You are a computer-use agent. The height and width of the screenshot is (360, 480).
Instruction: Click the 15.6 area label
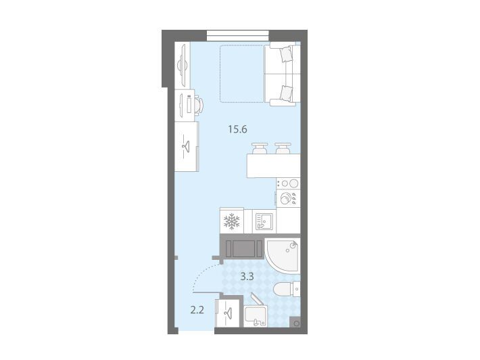coord(237,129)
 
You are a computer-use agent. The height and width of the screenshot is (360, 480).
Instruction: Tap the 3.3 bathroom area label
coord(247,277)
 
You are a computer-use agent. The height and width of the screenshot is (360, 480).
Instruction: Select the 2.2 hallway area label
coord(197,311)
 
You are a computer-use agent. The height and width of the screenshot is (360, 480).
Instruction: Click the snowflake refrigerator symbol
coord(232,221)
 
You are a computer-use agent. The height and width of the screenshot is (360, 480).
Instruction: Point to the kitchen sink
coord(264,221)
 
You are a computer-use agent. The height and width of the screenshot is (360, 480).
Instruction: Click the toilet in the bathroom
coord(286,289)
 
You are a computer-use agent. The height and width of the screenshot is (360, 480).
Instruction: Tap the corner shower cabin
coord(282,256)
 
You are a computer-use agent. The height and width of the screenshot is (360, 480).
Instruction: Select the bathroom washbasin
coord(256,315)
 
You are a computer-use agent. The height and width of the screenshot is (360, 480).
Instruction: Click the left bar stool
coord(260,148)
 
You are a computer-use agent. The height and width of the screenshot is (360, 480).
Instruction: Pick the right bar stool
coord(283,148)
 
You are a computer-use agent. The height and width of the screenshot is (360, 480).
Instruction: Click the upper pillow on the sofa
coord(286,55)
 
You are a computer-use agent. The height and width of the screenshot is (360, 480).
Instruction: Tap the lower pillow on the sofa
coord(286,93)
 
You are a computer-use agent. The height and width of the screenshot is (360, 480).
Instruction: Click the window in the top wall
coord(237,36)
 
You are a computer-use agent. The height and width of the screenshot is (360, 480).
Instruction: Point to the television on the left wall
coord(182,65)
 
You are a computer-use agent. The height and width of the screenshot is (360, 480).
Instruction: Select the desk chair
coord(199,106)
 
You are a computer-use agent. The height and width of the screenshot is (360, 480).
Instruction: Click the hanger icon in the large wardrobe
coord(186,146)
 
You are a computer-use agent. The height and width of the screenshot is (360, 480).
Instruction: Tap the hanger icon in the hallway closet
coord(227,313)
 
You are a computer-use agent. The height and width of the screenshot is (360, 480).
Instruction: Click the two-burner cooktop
coord(288,183)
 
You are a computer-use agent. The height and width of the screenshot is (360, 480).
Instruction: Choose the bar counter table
coord(273,165)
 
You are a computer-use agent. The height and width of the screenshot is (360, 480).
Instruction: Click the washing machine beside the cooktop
coord(288,198)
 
